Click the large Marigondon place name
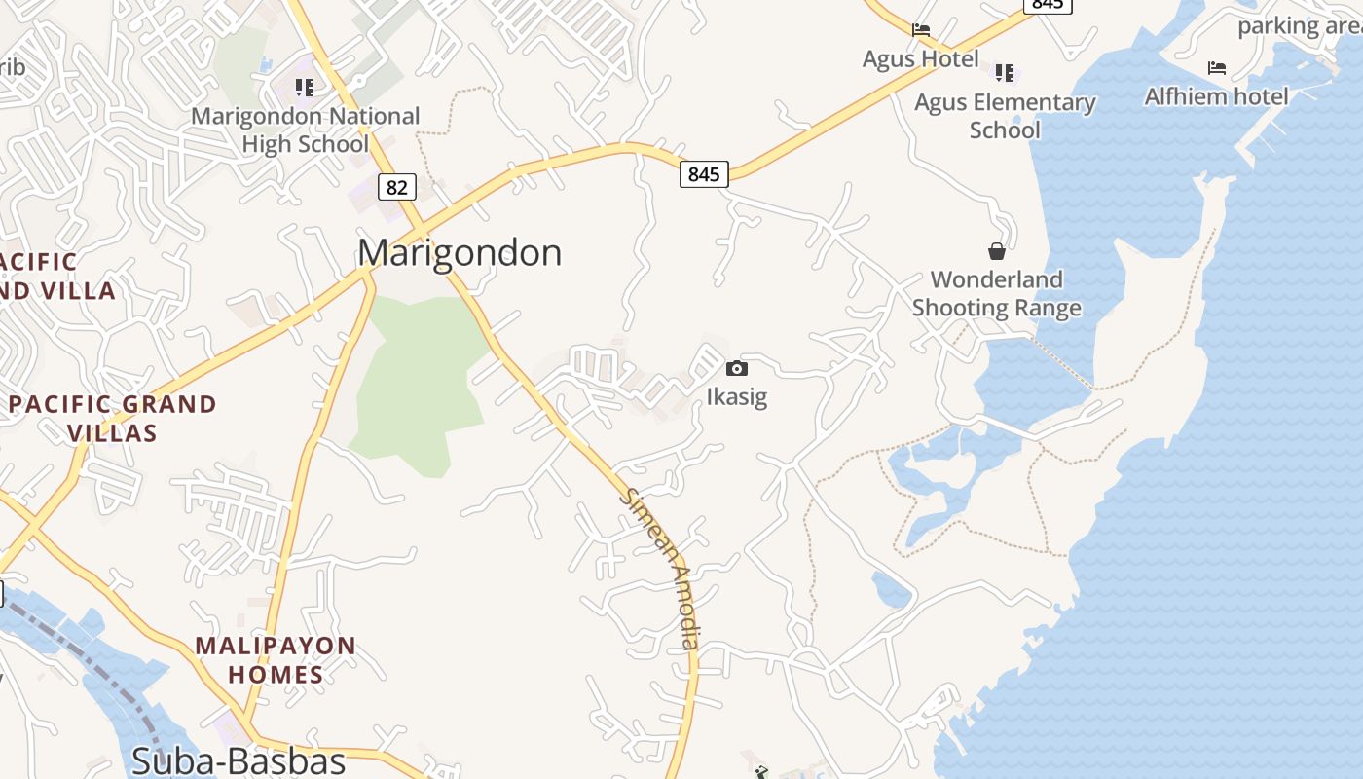tap(460, 253)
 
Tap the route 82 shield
tap(396, 187)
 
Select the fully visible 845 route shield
tap(703, 174)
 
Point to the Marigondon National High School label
tap(305, 130)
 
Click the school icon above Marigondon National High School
tap(305, 88)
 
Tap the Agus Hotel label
tap(920, 59)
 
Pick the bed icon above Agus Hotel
tap(921, 30)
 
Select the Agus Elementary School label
tap(1005, 116)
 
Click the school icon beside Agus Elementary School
tap(1005, 72)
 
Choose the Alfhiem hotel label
tap(1216, 96)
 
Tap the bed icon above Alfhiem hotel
tap(1217, 67)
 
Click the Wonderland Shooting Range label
tap(997, 294)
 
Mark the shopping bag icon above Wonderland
tap(997, 251)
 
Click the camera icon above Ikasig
tap(737, 368)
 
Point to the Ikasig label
tap(737, 397)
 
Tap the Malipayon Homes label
tap(276, 659)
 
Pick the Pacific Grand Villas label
tap(113, 418)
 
